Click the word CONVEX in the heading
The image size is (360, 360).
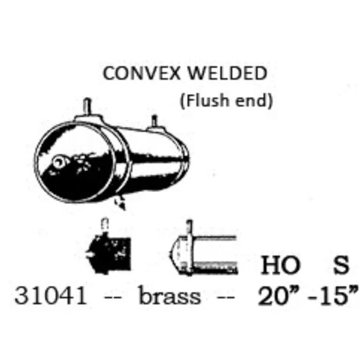pyautogui.click(x=142, y=73)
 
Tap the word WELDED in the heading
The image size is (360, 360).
pyautogui.click(x=228, y=73)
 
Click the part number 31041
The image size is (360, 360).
pyautogui.click(x=51, y=296)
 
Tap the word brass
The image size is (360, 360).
pyautogui.click(x=170, y=295)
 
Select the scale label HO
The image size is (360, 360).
pyautogui.click(x=281, y=265)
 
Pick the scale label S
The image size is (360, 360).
pyautogui.click(x=341, y=265)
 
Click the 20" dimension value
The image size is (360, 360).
pyautogui.click(x=279, y=295)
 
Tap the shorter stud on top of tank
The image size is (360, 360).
pyautogui.click(x=155, y=121)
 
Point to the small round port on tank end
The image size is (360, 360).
pyautogui.click(x=58, y=162)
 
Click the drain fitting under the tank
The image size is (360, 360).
pyautogui.click(x=120, y=203)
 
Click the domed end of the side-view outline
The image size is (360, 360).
pyautogui.click(x=175, y=254)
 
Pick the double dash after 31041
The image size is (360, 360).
pyautogui.click(x=113, y=298)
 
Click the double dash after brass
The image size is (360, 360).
pyautogui.click(x=226, y=298)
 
